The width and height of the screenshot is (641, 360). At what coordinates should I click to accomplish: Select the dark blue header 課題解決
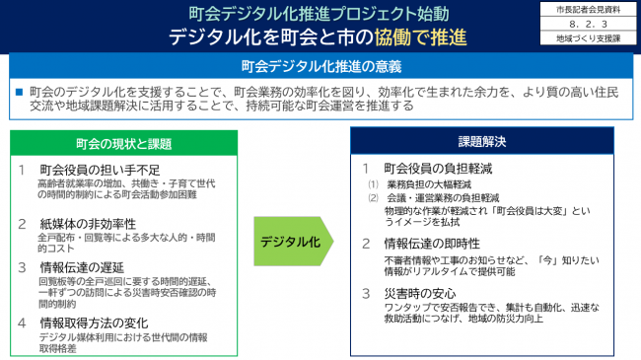[481, 141]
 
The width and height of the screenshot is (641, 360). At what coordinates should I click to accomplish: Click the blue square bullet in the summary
[18, 91]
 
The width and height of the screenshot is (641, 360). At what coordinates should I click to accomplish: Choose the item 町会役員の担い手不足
[94, 170]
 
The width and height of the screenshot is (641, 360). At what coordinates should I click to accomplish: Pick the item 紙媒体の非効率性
[87, 224]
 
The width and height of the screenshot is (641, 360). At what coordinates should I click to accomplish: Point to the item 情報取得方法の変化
[94, 322]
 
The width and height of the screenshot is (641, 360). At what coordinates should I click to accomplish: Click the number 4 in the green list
[23, 322]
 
